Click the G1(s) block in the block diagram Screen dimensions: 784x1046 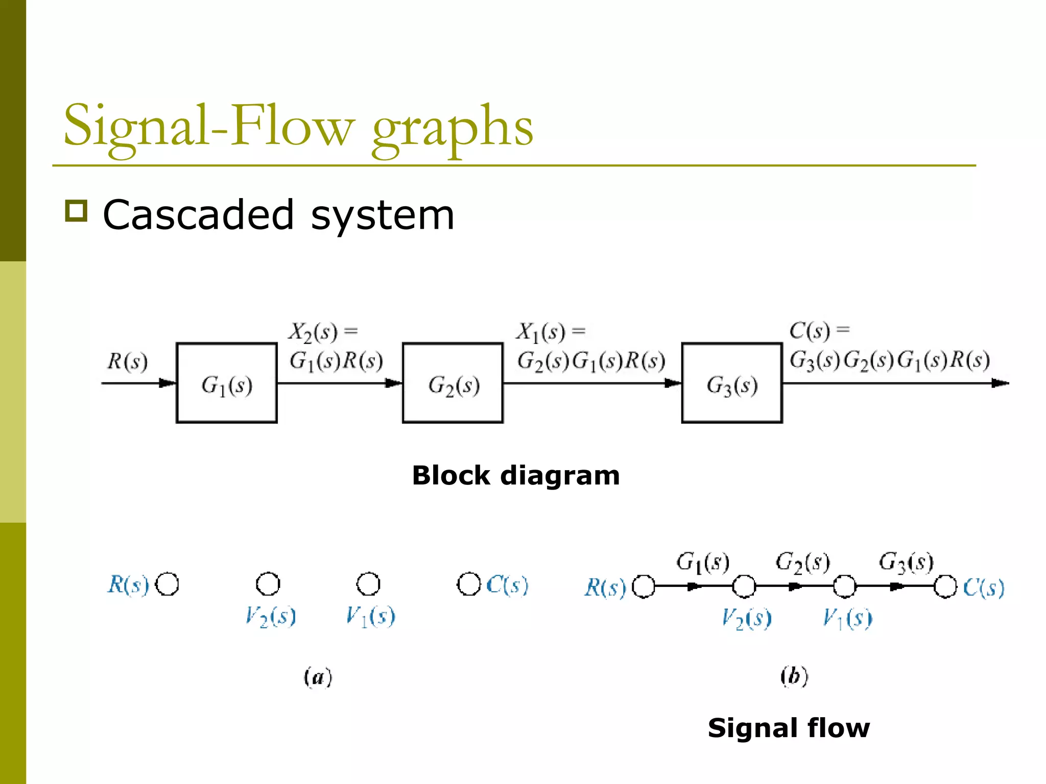pyautogui.click(x=226, y=383)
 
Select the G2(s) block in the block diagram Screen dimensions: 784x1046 pyautogui.click(x=453, y=383)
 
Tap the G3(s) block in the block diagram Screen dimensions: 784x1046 pyautogui.click(x=732, y=383)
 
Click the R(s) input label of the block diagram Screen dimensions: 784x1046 pyautogui.click(x=128, y=361)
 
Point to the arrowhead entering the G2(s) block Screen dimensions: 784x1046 pyautogui.click(x=393, y=383)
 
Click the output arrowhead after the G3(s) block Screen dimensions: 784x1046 pyautogui.click(x=1000, y=383)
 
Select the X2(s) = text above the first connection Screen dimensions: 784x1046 pyautogui.click(x=323, y=332)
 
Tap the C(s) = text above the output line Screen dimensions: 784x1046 pyautogui.click(x=819, y=331)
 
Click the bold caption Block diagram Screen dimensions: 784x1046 pyautogui.click(x=516, y=476)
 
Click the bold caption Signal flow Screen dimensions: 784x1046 pyautogui.click(x=789, y=728)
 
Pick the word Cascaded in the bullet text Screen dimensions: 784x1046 pyautogui.click(x=198, y=215)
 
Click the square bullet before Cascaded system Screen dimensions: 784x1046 pyautogui.click(x=77, y=210)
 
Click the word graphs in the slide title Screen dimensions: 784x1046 pyautogui.click(x=453, y=128)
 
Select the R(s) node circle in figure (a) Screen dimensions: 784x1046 pyautogui.click(x=167, y=584)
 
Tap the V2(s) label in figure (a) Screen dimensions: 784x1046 pyautogui.click(x=270, y=617)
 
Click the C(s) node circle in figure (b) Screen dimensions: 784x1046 pyautogui.click(x=945, y=586)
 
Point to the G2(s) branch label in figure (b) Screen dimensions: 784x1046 pyautogui.click(x=803, y=562)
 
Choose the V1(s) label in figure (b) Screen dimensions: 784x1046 pyautogui.click(x=847, y=619)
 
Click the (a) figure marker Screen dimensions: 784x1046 pyautogui.click(x=318, y=677)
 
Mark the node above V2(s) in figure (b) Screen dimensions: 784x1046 pyautogui.click(x=744, y=586)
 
